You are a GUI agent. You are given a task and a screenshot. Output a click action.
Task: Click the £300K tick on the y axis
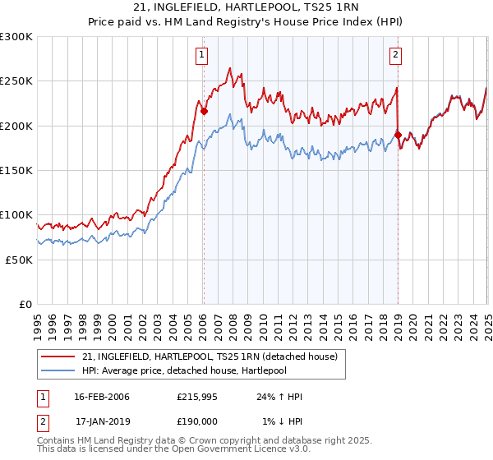tap(16, 37)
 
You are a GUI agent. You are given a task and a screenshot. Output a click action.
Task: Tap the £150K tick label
tap(16, 171)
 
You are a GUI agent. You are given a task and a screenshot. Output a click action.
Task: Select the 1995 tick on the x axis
tap(38, 320)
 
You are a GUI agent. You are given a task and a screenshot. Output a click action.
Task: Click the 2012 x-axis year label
tap(293, 320)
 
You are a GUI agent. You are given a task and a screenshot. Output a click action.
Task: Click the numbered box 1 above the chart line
tap(201, 55)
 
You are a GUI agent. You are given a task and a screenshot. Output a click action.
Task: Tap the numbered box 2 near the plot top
tap(395, 55)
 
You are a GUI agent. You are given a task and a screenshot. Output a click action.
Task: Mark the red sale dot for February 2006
tap(204, 112)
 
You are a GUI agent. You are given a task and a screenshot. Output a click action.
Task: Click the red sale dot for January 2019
tap(398, 135)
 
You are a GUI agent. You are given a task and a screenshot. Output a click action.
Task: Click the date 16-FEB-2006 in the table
tap(102, 397)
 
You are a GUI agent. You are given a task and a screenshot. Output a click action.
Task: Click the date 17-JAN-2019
tap(102, 420)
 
